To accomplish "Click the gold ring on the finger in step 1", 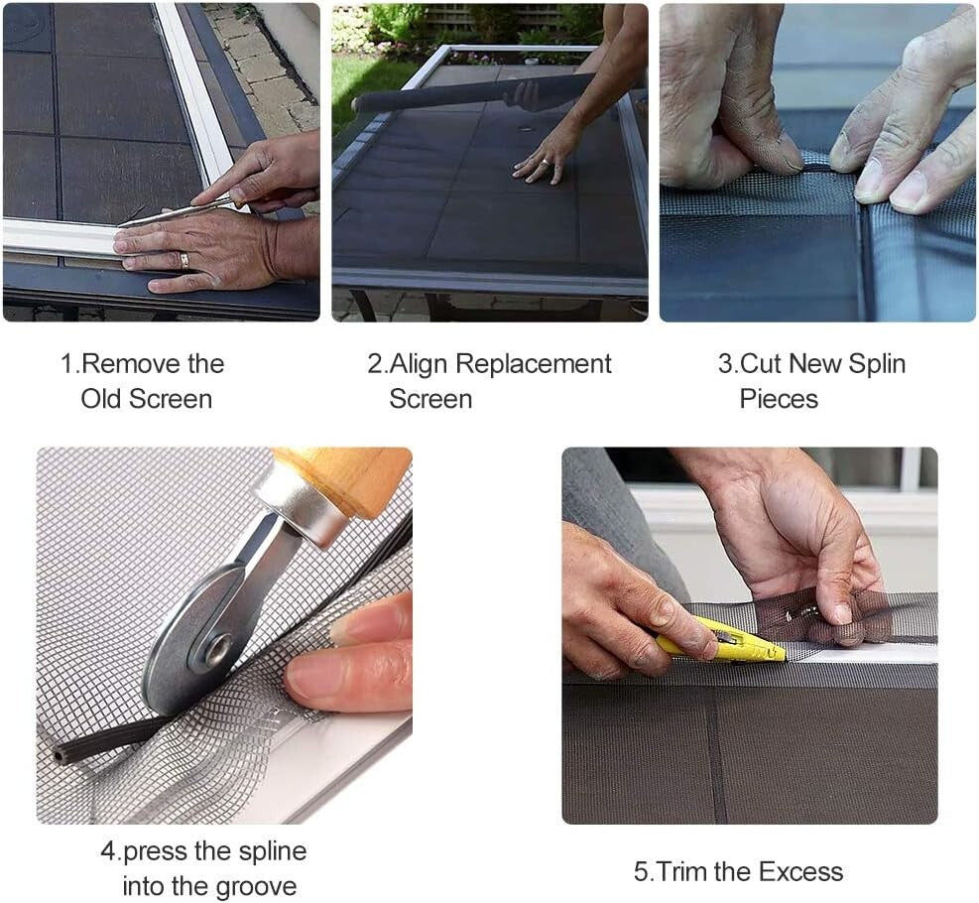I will click(x=183, y=260).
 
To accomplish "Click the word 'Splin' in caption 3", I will click(x=873, y=364).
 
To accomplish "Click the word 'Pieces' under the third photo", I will click(x=779, y=399).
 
